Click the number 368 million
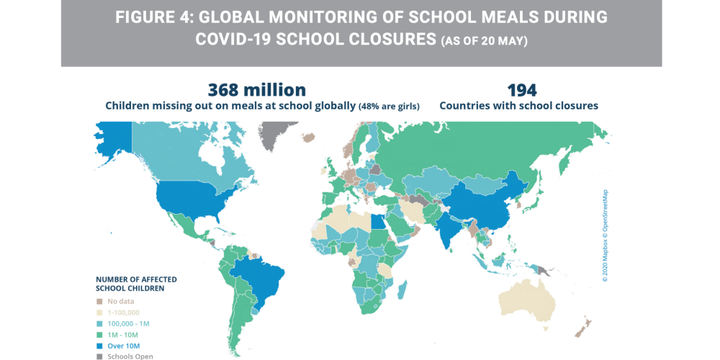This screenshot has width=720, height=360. [257, 90]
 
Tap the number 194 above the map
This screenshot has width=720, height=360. [522, 90]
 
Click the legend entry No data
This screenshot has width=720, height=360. [121, 301]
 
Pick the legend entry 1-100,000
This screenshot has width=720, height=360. [125, 312]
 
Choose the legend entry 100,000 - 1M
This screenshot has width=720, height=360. [128, 323]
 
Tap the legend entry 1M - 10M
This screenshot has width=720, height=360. [123, 334]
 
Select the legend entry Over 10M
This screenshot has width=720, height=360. [122, 346]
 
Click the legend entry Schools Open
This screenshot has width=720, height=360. [130, 356]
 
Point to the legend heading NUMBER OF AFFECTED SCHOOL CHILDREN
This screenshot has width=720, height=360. [136, 284]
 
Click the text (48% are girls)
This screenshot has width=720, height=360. [390, 106]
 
